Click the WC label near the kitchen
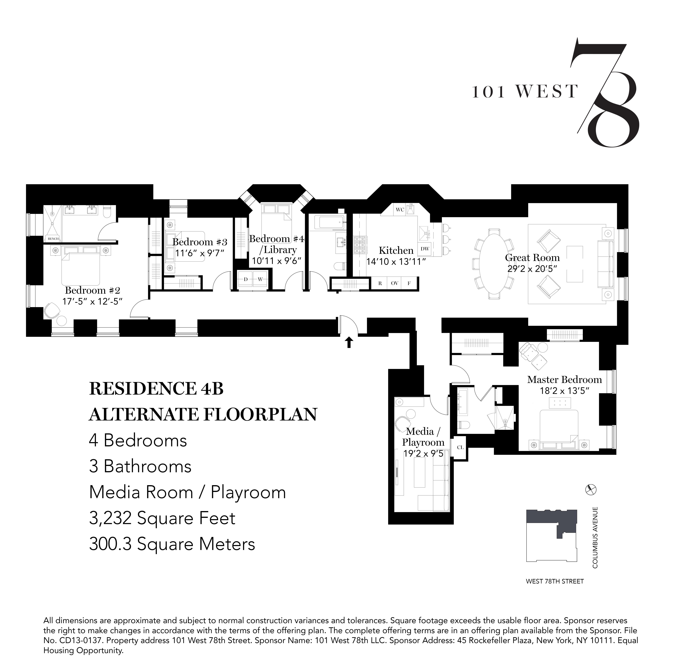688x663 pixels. coord(400,210)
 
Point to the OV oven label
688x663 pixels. coord(395,283)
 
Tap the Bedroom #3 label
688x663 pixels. coord(200,242)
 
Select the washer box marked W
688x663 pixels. coord(260,279)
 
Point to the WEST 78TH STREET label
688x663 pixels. coord(555,582)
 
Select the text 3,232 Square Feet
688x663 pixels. coord(162,518)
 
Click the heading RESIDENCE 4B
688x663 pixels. coord(156,389)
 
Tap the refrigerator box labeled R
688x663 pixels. coord(380,283)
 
